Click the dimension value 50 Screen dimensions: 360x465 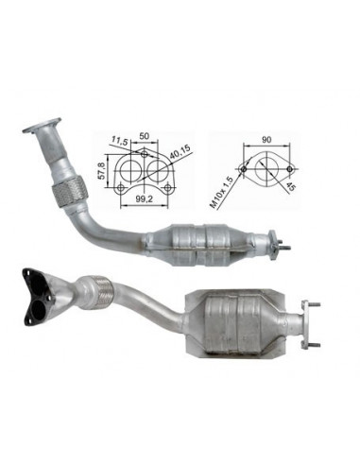[144, 136]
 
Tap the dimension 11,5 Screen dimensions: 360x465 [119, 141]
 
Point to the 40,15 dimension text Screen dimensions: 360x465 [180, 151]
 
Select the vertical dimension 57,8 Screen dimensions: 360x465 [101, 171]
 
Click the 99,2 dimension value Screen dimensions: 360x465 [144, 198]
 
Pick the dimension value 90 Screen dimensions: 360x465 [266, 140]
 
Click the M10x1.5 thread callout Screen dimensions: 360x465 [221, 194]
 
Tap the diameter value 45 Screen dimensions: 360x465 [291, 187]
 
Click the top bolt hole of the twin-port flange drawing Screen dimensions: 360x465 [144, 154]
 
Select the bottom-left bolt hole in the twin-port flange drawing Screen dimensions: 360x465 [120, 188]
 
